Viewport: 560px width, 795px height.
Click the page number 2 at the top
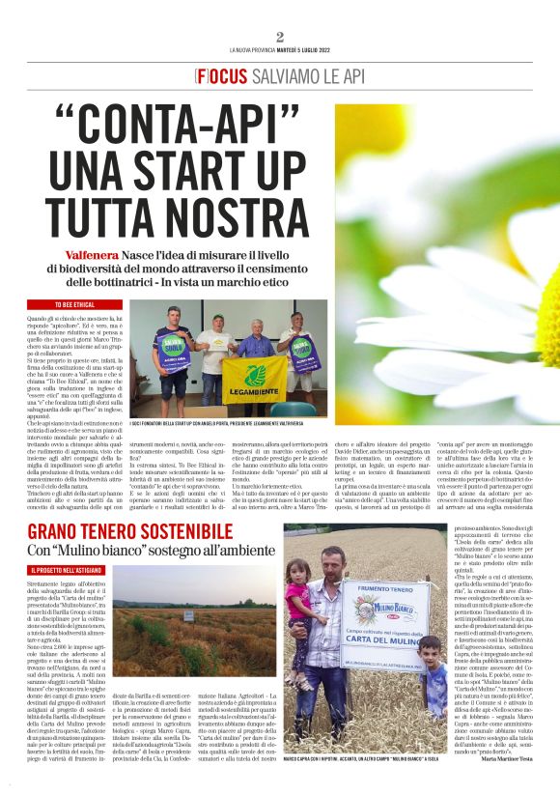(279, 37)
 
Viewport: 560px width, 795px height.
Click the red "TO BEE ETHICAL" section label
(54, 305)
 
